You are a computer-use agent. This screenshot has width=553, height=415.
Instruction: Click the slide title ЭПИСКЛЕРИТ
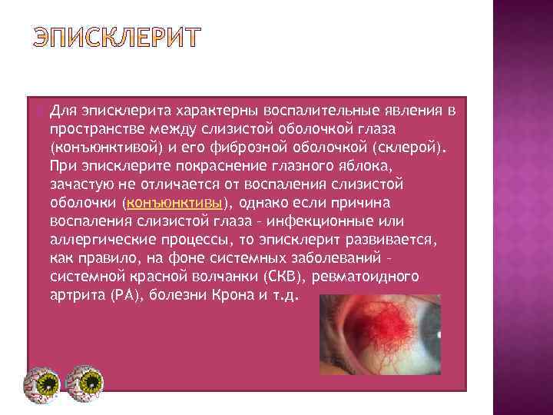click(x=115, y=37)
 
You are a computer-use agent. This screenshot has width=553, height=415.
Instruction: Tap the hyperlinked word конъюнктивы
click(x=174, y=203)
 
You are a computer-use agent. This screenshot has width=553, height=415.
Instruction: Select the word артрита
click(x=74, y=296)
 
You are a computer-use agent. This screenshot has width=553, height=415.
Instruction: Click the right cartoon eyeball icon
click(x=84, y=381)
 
